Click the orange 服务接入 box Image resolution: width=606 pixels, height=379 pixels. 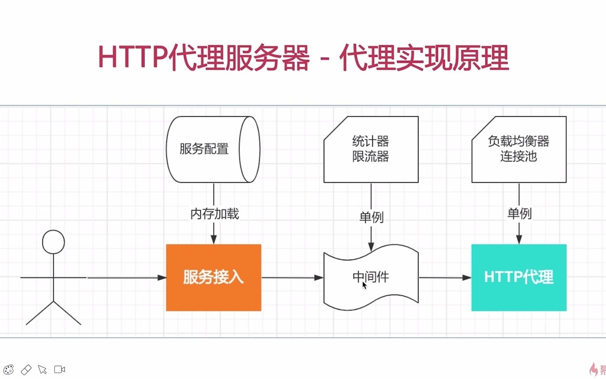pyautogui.click(x=214, y=278)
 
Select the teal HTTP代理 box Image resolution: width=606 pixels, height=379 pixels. pyautogui.click(x=519, y=278)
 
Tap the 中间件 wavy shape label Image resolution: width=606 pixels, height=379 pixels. pyautogui.click(x=371, y=277)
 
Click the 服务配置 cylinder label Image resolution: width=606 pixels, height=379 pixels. pyautogui.click(x=204, y=149)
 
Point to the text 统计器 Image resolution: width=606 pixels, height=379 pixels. pyautogui.click(x=371, y=141)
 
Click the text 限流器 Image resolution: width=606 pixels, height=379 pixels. pyautogui.click(x=371, y=157)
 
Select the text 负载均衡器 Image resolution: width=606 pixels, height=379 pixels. pyautogui.click(x=518, y=141)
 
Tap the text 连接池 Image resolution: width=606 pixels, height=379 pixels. pyautogui.click(x=518, y=156)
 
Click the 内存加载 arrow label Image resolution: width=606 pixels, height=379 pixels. pyautogui.click(x=214, y=214)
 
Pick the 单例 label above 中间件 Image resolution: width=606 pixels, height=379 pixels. pyautogui.click(x=371, y=217)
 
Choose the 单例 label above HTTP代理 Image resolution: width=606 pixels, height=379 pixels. pyautogui.click(x=519, y=213)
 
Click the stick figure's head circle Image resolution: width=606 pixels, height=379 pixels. pyautogui.click(x=53, y=242)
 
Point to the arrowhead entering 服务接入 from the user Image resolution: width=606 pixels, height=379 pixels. pyautogui.click(x=162, y=278)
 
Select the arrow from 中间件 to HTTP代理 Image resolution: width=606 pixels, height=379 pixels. pyautogui.click(x=445, y=278)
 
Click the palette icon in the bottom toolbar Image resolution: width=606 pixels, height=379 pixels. pyautogui.click(x=8, y=370)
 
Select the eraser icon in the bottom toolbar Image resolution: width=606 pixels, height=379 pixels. pyautogui.click(x=26, y=370)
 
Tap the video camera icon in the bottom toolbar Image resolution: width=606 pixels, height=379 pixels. pyautogui.click(x=60, y=370)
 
